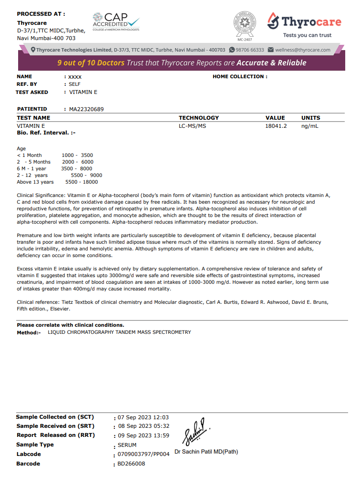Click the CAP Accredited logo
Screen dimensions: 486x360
pyautogui.click(x=116, y=21)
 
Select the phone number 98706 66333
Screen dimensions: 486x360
pyautogui.click(x=250, y=50)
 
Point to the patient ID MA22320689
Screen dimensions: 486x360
pyautogui.click(x=86, y=109)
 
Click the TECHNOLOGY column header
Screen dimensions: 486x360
pyautogui.click(x=199, y=118)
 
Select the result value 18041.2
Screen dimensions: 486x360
pyautogui.click(x=276, y=126)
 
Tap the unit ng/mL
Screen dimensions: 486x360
pyautogui.click(x=310, y=126)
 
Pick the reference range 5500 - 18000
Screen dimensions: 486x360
pyautogui.click(x=82, y=182)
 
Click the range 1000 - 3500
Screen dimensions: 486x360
pyautogui.click(x=77, y=155)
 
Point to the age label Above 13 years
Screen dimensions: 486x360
pyautogui.click(x=35, y=182)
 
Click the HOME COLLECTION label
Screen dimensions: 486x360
pyautogui.click(x=240, y=76)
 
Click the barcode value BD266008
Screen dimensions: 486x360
pyautogui.click(x=131, y=463)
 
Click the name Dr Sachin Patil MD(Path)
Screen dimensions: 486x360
pyautogui.click(x=206, y=452)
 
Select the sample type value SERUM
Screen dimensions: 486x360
pyautogui.click(x=127, y=445)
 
